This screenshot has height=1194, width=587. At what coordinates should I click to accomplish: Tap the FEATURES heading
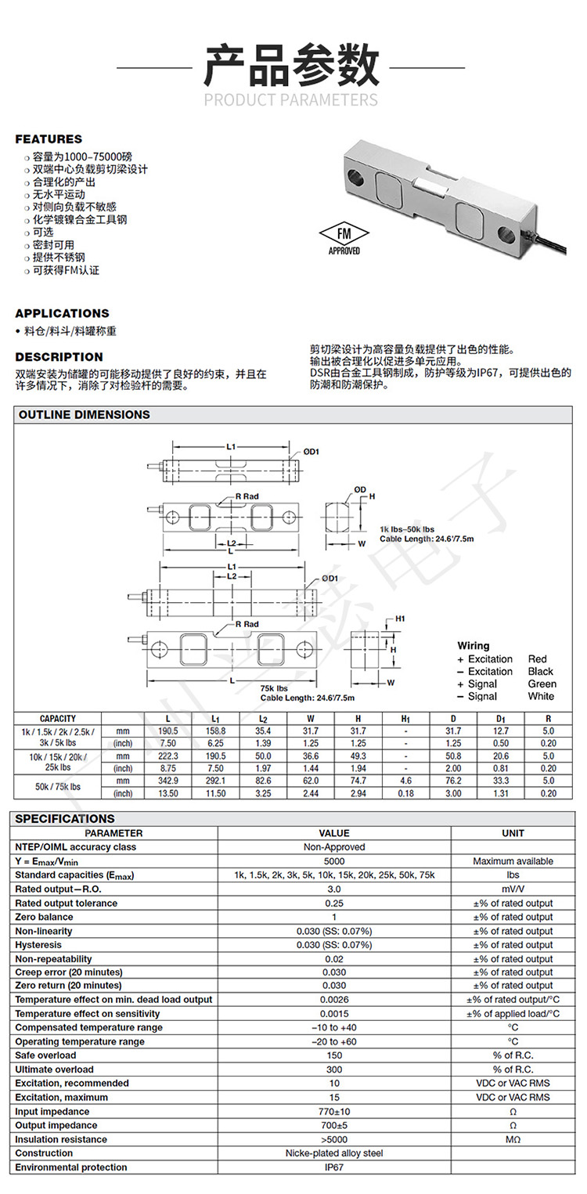tap(49, 139)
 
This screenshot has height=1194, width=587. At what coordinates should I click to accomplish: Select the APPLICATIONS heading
tap(62, 313)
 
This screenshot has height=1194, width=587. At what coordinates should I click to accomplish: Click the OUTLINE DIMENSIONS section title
tap(85, 414)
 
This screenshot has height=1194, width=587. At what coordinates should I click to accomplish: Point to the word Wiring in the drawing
tap(474, 646)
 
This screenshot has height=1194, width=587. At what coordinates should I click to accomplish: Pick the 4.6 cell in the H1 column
tap(405, 781)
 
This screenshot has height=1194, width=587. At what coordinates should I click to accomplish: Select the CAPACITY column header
tap(58, 718)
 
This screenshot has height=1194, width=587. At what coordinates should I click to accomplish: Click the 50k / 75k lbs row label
tap(58, 786)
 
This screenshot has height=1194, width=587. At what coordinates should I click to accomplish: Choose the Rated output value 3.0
tap(334, 889)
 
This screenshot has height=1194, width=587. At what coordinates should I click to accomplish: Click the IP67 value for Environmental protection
tap(334, 1167)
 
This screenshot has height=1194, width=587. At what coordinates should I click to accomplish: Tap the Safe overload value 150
tap(334, 1055)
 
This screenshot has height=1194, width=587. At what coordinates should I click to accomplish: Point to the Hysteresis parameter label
tap(44, 945)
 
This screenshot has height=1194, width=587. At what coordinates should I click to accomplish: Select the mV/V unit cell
tap(513, 889)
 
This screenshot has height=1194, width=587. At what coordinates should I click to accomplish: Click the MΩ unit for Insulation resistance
tap(513, 1139)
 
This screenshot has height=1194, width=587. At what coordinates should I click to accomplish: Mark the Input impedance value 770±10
tap(334, 1112)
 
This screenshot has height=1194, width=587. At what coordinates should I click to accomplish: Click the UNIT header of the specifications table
tap(513, 833)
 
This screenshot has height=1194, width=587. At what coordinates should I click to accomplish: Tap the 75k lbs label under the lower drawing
tap(274, 687)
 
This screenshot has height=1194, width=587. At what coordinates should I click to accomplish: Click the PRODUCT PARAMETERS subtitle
tap(291, 99)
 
